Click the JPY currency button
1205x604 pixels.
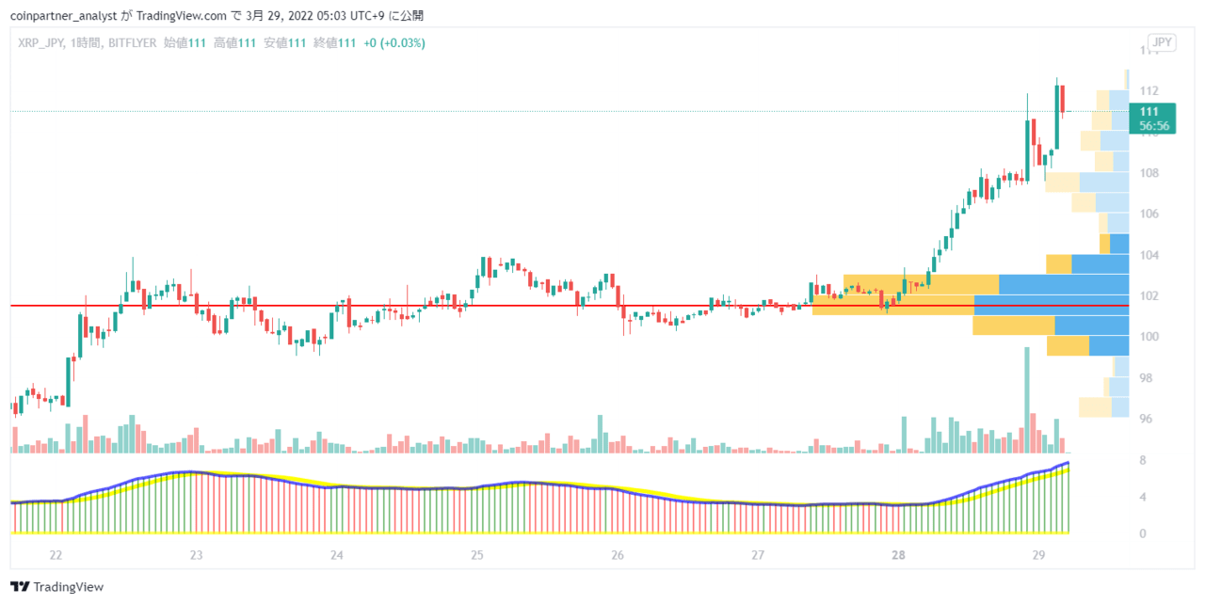[x=1162, y=42]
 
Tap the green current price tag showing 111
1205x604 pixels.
[x=1152, y=119]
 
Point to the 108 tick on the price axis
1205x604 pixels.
[x=1149, y=173]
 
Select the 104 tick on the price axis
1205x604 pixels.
[x=1149, y=255]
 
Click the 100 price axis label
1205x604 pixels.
[x=1149, y=337]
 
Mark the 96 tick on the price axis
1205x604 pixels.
[x=1146, y=419]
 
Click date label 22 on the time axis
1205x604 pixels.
[x=56, y=555]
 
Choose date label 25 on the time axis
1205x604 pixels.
[x=477, y=555]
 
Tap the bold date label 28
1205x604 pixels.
[x=898, y=555]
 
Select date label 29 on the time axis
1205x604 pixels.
[x=1038, y=555]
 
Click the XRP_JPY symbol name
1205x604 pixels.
[x=40, y=43]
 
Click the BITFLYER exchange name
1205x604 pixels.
[x=133, y=43]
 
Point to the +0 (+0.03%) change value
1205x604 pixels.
[x=394, y=43]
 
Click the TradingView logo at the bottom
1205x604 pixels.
[x=57, y=586]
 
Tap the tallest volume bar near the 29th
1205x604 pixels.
[x=1027, y=400]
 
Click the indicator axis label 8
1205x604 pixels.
[x=1143, y=460]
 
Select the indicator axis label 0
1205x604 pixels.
[x=1143, y=533]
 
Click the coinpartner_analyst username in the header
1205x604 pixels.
[x=63, y=16]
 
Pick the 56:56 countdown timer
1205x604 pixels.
[x=1154, y=126]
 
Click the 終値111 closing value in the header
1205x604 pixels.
[x=334, y=43]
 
